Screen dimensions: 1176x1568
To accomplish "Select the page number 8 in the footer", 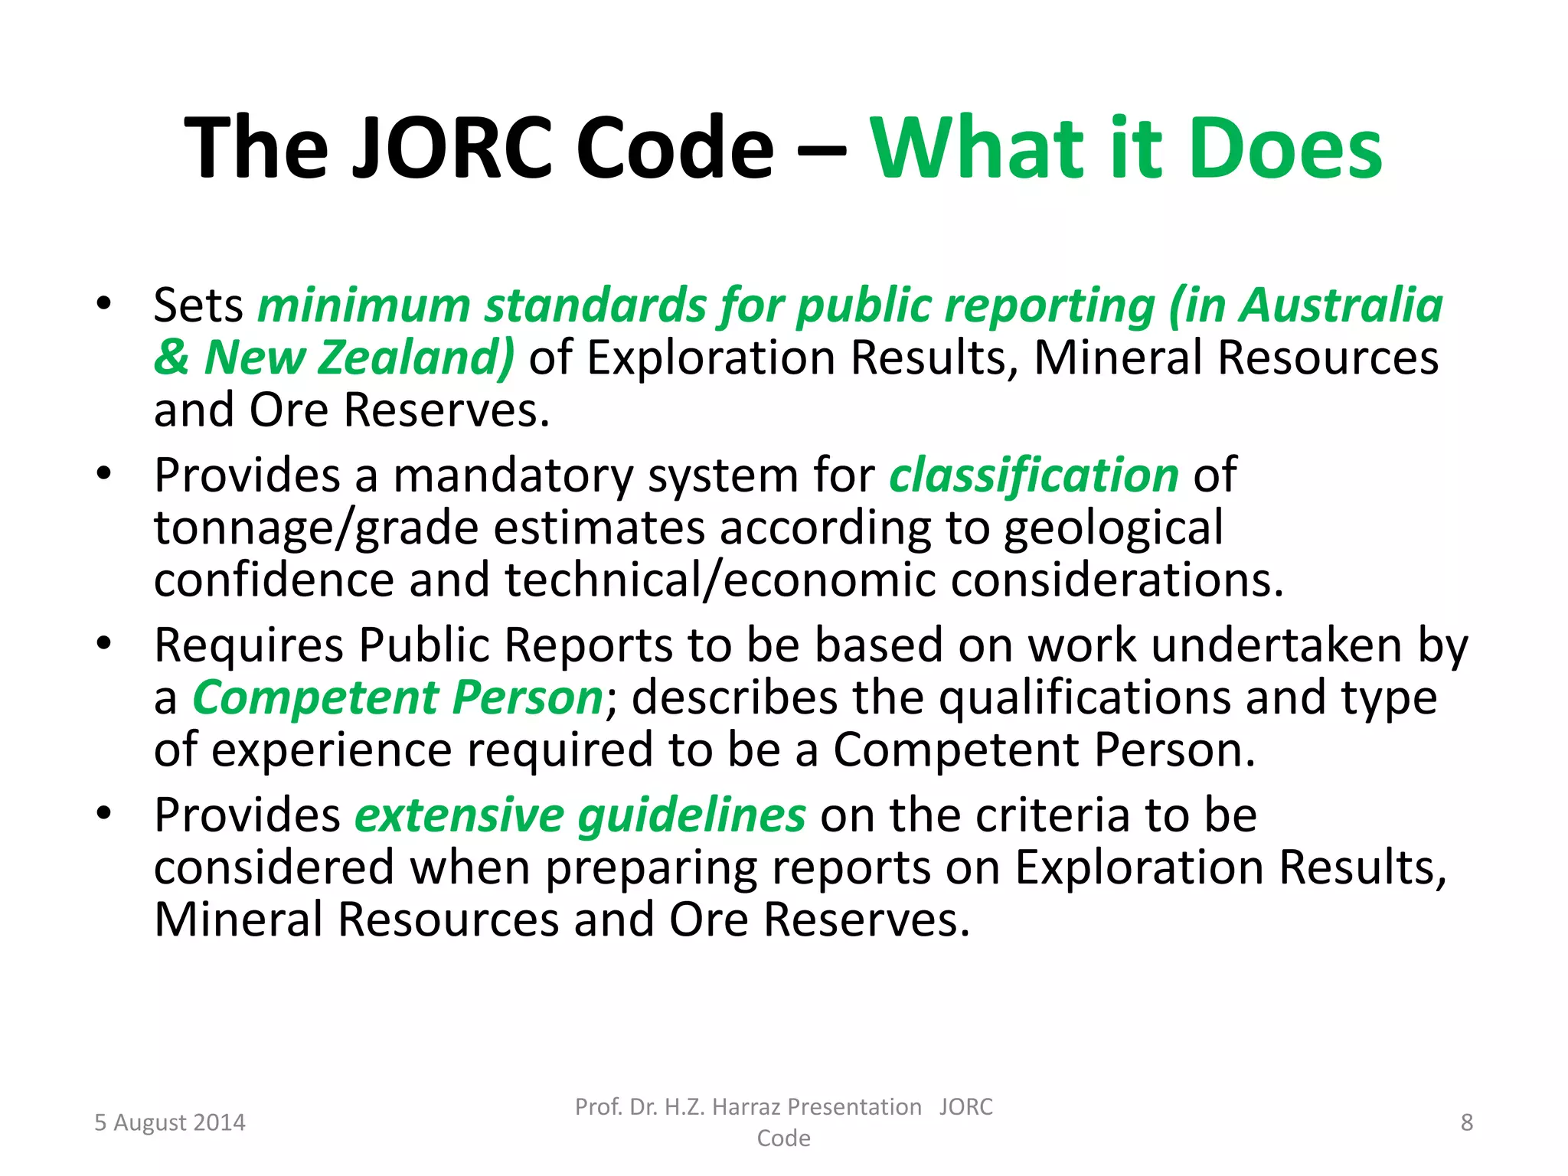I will [1466, 1122].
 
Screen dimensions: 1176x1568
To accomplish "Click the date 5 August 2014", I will [170, 1122].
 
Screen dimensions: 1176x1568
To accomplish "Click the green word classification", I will [1034, 475].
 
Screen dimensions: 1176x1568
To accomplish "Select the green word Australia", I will [1341, 305].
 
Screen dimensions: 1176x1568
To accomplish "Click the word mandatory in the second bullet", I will [513, 475].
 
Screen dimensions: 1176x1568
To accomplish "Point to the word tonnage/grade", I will [315, 528].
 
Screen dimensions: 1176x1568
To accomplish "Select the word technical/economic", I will [720, 580].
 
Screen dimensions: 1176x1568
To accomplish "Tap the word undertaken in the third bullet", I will [1276, 645].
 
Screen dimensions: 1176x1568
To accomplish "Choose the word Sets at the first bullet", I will [198, 305].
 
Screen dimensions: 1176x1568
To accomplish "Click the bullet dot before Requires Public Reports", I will [104, 643].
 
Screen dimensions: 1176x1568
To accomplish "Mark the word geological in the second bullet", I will [1113, 528].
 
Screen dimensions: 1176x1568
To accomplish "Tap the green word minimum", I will [364, 305].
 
